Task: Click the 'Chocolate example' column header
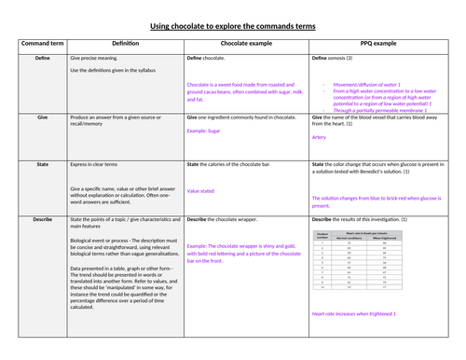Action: click(247, 44)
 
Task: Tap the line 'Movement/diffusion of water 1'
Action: click(366, 82)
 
